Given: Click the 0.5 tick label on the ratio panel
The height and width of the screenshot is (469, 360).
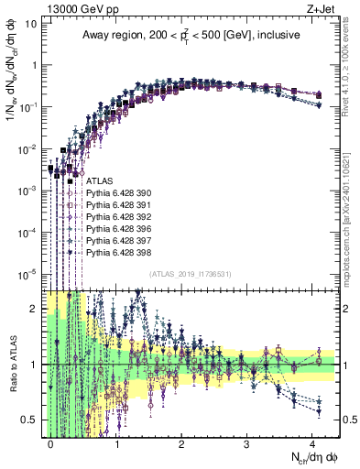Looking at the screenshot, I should (x=30, y=420).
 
